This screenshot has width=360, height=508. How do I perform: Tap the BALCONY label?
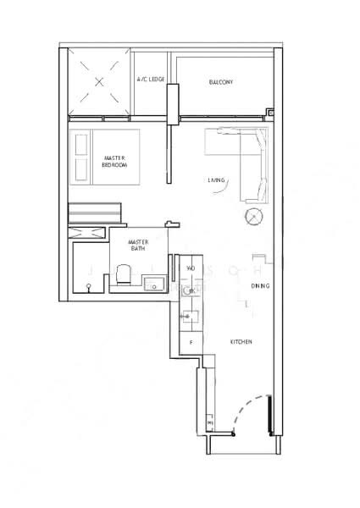tap(221, 82)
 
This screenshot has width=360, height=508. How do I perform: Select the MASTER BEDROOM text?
tap(114, 161)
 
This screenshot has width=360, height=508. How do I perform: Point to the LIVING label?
tap(216, 180)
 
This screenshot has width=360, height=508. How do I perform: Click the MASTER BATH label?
tap(139, 246)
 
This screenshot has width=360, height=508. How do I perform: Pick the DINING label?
tap(260, 286)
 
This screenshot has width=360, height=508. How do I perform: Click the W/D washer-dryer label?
tap(191, 268)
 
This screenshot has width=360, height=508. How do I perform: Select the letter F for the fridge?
tap(191, 342)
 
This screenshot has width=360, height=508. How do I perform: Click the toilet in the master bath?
tap(122, 275)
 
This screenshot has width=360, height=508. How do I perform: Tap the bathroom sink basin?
tap(154, 283)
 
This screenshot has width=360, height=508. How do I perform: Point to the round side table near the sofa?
tap(252, 218)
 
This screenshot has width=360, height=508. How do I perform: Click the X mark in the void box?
tap(100, 82)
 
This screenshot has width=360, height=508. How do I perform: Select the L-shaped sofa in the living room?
tap(247, 161)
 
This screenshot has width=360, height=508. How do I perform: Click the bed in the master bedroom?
tap(110, 157)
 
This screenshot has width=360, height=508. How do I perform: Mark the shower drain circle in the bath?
tap(87, 288)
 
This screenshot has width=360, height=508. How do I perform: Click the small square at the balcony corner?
tap(269, 110)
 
